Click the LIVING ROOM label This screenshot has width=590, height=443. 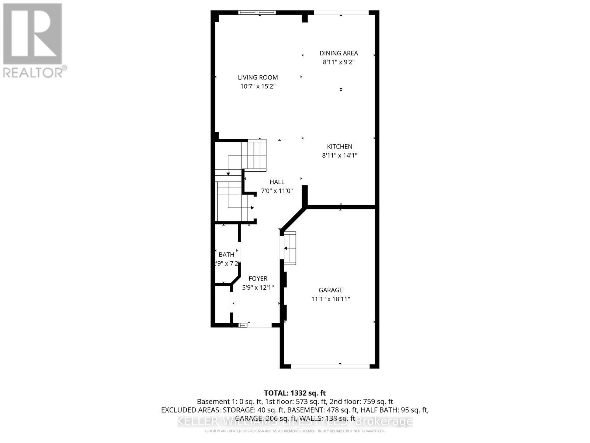point(258,78)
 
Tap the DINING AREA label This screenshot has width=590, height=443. point(339,53)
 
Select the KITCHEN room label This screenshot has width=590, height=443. point(340,147)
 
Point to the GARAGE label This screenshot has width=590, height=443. point(331,290)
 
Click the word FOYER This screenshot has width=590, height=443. point(258,279)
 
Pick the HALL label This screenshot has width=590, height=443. point(277,182)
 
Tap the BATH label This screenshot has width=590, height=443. point(226,255)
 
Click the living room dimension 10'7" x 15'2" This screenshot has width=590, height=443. point(258,86)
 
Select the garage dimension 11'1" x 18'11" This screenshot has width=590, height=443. point(331,299)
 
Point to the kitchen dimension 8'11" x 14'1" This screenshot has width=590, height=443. point(340,155)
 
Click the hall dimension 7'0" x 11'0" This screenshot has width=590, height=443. point(277,191)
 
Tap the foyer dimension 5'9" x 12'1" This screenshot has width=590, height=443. point(258,288)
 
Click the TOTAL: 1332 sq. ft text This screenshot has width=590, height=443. point(295,393)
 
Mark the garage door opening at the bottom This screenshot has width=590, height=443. point(330,366)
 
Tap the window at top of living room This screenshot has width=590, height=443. point(257,13)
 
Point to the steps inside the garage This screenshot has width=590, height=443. point(290,248)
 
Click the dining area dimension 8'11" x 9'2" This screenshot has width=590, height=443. point(339,62)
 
